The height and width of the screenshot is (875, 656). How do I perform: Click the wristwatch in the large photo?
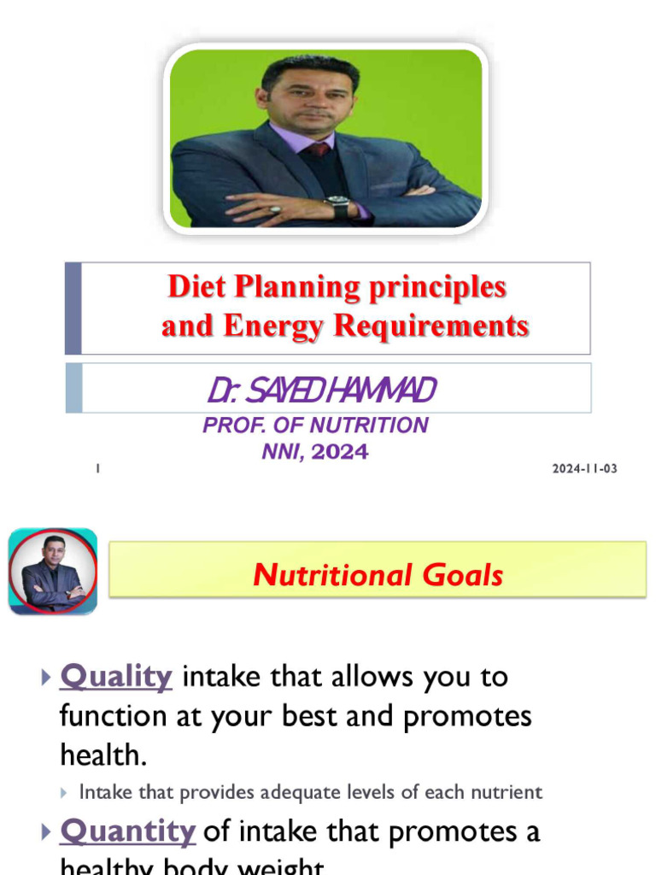tap(338, 206)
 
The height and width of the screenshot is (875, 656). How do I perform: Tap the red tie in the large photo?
tap(319, 149)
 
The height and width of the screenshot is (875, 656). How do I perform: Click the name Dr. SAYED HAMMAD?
tap(321, 391)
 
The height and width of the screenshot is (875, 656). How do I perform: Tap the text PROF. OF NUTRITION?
tap(315, 425)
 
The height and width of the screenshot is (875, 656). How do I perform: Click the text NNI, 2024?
tap(315, 452)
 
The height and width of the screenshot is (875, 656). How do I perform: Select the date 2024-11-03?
tap(584, 469)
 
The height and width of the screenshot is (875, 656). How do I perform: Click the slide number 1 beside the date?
tap(98, 469)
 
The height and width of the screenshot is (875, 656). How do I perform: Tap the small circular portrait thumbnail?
tap(53, 572)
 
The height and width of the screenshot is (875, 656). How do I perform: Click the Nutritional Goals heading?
tap(378, 575)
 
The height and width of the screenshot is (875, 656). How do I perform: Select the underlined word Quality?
tap(116, 677)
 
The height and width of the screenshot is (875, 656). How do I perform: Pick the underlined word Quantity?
tap(128, 831)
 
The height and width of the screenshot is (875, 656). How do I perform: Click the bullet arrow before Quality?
tap(46, 678)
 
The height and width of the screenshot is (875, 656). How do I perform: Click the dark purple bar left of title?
tap(73, 308)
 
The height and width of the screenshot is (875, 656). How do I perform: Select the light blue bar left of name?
tap(73, 388)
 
